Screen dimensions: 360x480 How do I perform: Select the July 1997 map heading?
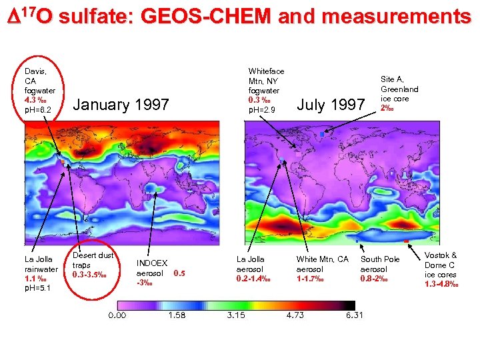pos(330,105)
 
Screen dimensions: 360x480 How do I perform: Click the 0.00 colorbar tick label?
pos(117,315)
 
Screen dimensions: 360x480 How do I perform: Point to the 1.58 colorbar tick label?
pos(177,315)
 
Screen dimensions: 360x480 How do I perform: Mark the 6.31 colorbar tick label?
pos(354,315)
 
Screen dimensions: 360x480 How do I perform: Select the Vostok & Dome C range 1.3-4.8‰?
pos(440,283)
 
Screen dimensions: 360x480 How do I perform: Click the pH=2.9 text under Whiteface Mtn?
pos(261,109)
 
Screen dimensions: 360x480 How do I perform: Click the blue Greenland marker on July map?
pos(322,135)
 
